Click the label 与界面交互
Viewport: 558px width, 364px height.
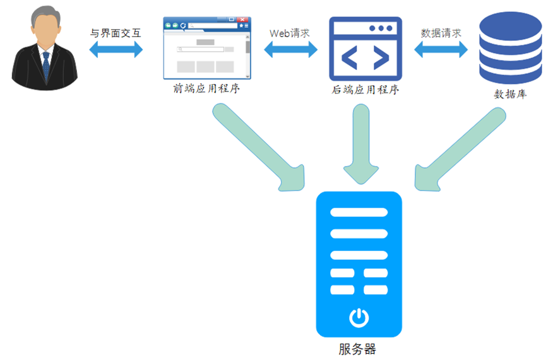pyautogui.click(x=117, y=33)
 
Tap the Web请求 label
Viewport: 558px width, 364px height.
pyautogui.click(x=289, y=33)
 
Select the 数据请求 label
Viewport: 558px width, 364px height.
pyautogui.click(x=441, y=33)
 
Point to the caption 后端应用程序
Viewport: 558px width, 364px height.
pyautogui.click(x=365, y=90)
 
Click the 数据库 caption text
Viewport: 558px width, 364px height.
pyautogui.click(x=510, y=95)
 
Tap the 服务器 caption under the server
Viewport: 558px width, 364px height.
pyautogui.click(x=357, y=349)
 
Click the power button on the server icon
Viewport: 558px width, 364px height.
pyautogui.click(x=359, y=317)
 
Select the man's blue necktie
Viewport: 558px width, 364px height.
pyautogui.click(x=46, y=66)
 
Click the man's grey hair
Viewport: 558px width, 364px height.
pyautogui.click(x=44, y=14)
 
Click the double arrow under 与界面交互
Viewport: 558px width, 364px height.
pyautogui.click(x=117, y=50)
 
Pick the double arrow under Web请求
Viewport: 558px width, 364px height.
pyautogui.click(x=290, y=50)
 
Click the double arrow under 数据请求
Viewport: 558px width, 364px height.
pyautogui.click(x=441, y=50)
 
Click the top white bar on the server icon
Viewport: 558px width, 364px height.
pyautogui.click(x=359, y=212)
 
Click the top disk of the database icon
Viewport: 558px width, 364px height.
pyautogui.click(x=510, y=25)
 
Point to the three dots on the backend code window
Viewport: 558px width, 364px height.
pyautogui.click(x=381, y=28)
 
